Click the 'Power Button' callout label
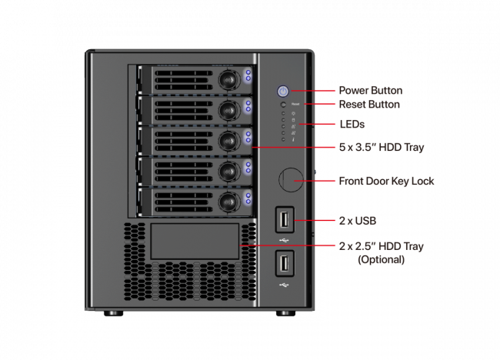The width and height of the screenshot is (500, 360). (371, 90)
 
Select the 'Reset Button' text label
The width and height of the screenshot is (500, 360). (369, 105)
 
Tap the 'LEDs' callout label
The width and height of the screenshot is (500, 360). (352, 124)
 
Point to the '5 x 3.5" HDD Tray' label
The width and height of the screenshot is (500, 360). (382, 147)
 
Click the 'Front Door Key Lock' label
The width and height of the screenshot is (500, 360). (387, 182)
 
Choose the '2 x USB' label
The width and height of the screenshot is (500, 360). (358, 221)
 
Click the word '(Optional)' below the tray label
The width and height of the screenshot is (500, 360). (382, 260)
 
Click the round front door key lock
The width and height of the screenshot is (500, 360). (290, 180)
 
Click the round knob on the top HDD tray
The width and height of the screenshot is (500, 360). (228, 79)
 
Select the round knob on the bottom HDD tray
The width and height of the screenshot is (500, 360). (228, 202)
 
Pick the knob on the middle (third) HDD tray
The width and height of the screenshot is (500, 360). (228, 140)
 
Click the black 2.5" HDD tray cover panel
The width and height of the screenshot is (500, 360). (195, 242)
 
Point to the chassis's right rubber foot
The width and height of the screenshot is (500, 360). (282, 313)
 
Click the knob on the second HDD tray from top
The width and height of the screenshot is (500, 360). (228, 110)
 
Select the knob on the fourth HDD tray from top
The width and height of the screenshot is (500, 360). (228, 171)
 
